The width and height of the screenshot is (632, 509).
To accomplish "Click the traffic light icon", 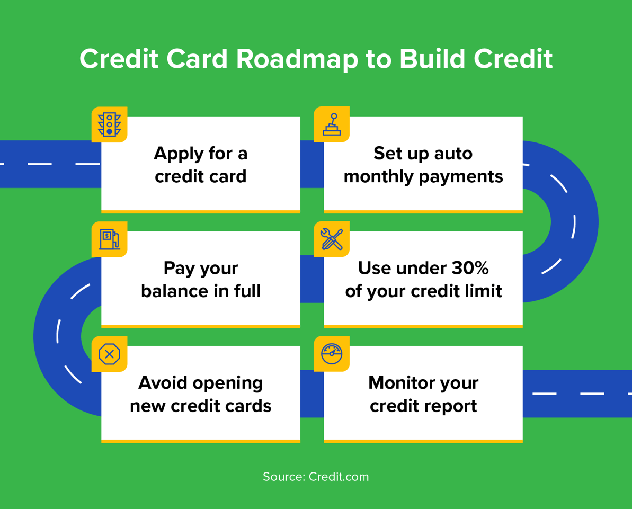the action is [x=109, y=124].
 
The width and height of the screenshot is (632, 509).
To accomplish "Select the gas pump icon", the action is [x=110, y=239].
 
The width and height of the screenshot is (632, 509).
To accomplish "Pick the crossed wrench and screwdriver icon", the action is [x=332, y=239].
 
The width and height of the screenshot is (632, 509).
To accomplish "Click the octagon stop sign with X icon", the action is [x=109, y=354].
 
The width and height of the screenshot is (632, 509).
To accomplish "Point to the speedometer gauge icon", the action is [x=332, y=354].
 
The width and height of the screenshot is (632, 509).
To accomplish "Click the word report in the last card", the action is [x=452, y=407].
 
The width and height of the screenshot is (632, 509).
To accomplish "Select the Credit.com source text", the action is [x=339, y=477].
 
